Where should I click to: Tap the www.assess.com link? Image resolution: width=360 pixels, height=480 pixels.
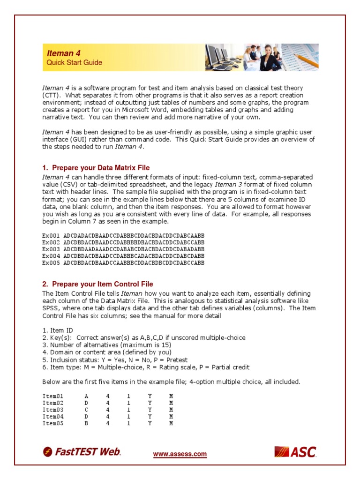[180, 454]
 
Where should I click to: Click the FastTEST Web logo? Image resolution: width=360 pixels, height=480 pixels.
[82, 452]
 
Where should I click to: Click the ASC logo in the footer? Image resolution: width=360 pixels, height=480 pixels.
[295, 452]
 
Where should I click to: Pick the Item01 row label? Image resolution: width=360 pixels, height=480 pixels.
[52, 396]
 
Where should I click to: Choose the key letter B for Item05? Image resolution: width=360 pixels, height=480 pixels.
[86, 423]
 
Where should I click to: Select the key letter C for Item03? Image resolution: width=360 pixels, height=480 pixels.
[86, 409]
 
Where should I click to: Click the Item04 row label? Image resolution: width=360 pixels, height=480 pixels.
[52, 416]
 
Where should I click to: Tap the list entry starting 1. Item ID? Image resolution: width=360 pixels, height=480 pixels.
[58, 330]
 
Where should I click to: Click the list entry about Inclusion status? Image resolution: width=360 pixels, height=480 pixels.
[115, 360]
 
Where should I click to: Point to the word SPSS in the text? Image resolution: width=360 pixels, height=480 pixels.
[50, 308]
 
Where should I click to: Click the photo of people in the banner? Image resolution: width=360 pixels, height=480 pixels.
[262, 57]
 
